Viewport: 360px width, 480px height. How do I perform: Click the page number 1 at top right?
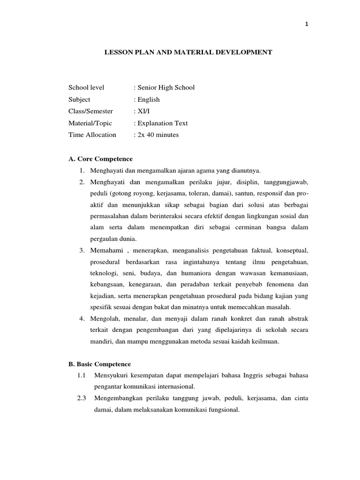[x=307, y=24]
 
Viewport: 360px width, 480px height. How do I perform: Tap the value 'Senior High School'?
[x=165, y=88]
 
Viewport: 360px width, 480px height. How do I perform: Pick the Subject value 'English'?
[x=148, y=99]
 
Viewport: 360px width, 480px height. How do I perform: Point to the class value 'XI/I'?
[x=143, y=111]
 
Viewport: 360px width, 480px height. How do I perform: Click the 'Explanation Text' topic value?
[x=162, y=123]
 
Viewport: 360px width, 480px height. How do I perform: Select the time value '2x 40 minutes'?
[x=157, y=135]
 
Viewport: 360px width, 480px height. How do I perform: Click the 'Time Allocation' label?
[x=92, y=135]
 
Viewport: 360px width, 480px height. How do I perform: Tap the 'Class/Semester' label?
[x=91, y=111]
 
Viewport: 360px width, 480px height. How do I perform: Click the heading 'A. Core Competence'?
[x=101, y=159]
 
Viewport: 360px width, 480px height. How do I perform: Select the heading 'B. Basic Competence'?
[x=100, y=364]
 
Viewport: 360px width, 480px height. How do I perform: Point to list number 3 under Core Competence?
[x=82, y=250]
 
